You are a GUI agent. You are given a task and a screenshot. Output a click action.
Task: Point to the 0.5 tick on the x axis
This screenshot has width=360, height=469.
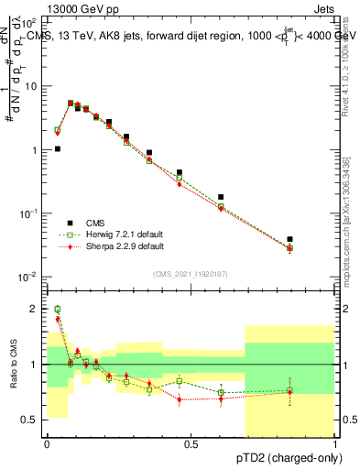click(x=191, y=444)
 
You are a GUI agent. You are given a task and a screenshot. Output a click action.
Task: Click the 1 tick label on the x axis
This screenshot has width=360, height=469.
click(x=335, y=444)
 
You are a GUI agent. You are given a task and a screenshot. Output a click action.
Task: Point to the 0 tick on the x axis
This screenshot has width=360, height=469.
click(x=47, y=444)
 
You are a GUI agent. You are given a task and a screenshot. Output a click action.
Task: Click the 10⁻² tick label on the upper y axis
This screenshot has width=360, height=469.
click(x=28, y=277)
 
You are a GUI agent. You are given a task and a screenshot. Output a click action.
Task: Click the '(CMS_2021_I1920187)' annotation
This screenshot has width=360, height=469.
click(x=191, y=273)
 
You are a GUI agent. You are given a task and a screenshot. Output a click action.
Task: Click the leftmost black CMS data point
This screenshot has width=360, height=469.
click(x=58, y=148)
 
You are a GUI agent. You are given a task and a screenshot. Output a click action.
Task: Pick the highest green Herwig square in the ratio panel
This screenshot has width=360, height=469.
click(x=58, y=310)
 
